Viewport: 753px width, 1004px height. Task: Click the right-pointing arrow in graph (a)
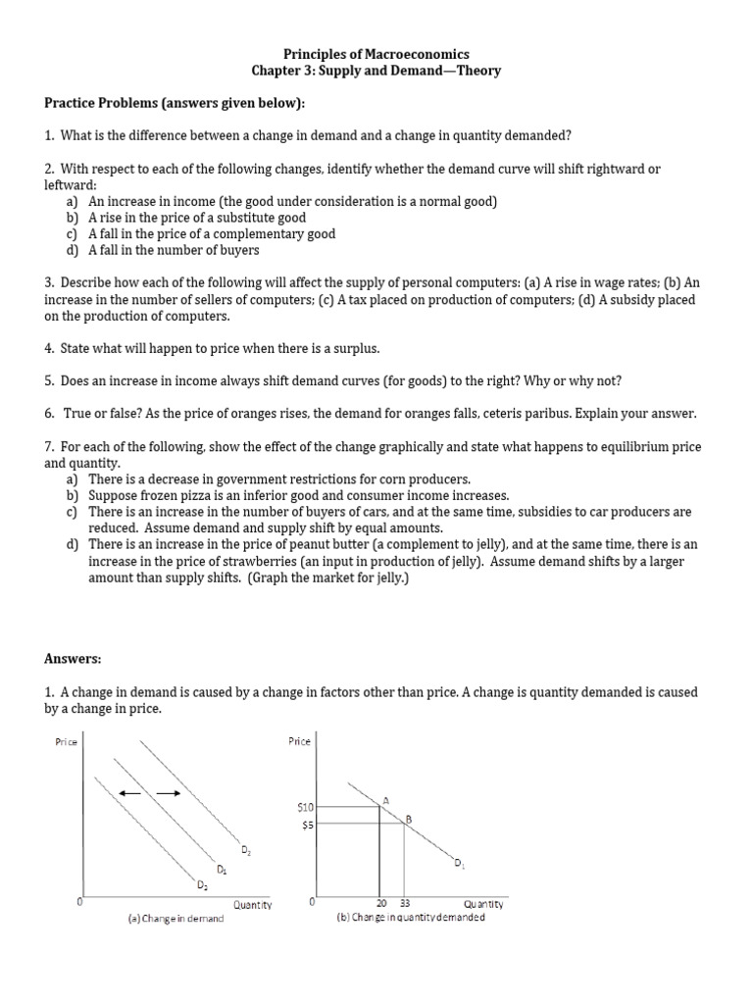click(x=170, y=792)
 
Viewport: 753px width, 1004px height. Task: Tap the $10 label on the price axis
click(x=304, y=806)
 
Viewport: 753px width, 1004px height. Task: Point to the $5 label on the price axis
click(x=306, y=825)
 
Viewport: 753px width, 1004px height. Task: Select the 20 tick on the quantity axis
click(x=380, y=903)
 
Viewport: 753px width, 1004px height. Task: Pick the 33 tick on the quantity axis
click(x=404, y=903)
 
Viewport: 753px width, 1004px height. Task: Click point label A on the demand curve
click(x=386, y=800)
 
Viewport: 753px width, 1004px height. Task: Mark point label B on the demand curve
click(x=409, y=818)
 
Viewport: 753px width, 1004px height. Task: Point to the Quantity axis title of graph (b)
click(x=483, y=903)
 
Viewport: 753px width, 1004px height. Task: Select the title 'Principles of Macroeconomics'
click(x=376, y=54)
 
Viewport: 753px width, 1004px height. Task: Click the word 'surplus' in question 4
click(x=355, y=348)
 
